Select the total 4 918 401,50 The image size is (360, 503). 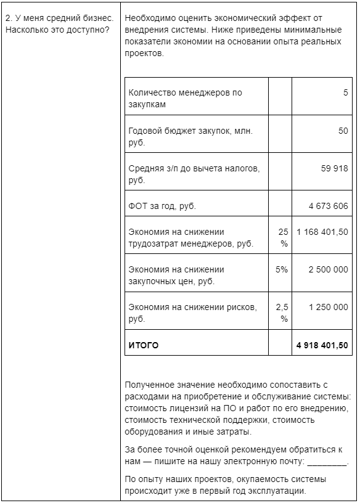tap(322, 345)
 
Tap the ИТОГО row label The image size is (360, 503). tap(143, 345)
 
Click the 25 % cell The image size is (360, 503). tap(283, 237)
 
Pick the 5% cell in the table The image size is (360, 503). tap(282, 269)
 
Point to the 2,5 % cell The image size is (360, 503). tap(282, 313)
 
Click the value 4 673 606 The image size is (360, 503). tap(328, 206)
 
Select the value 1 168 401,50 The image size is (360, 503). tap(322, 232)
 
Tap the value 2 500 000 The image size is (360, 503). tap(328, 269)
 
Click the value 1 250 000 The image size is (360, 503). tap(328, 307)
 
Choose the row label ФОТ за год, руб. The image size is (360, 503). tap(162, 206)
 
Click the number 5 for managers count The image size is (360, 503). tap(345, 92)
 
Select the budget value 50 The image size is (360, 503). tap(343, 131)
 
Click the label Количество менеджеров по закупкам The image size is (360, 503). tap(185, 99)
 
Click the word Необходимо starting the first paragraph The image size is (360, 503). tap(149, 18)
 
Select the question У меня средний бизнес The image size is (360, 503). tap(60, 18)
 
